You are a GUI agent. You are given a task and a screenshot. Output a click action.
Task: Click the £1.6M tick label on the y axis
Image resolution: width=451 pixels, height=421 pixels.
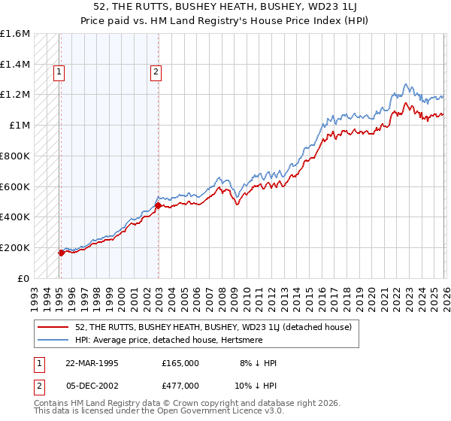click(15, 34)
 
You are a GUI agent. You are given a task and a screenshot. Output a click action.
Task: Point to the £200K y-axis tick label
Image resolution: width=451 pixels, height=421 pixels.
click(15, 247)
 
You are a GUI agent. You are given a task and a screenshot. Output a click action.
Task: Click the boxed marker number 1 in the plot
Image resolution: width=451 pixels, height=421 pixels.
click(59, 72)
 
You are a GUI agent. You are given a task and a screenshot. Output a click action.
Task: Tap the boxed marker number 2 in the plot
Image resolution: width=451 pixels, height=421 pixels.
click(156, 72)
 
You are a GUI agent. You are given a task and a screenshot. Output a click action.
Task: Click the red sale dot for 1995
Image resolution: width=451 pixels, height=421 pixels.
click(61, 253)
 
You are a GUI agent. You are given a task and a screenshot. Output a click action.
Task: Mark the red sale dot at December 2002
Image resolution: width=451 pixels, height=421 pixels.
click(158, 204)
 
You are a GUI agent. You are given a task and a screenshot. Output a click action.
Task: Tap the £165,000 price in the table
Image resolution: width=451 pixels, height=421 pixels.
click(180, 363)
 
